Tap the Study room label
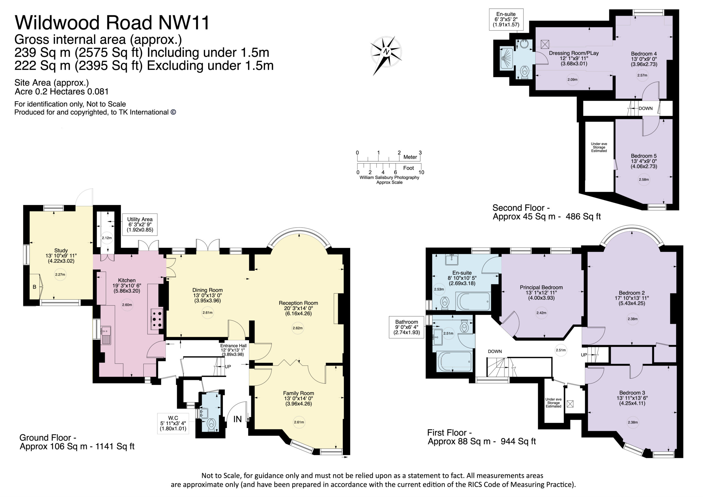61,250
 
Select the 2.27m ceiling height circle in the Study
60,274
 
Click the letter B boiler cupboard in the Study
35,287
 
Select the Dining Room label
207,290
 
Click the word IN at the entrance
238,419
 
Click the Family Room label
299,393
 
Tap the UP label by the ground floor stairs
228,367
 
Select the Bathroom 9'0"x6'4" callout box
406,327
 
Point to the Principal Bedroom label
541,287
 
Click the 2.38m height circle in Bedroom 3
633,422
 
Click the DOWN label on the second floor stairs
645,108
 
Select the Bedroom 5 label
644,156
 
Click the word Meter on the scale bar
410,157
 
